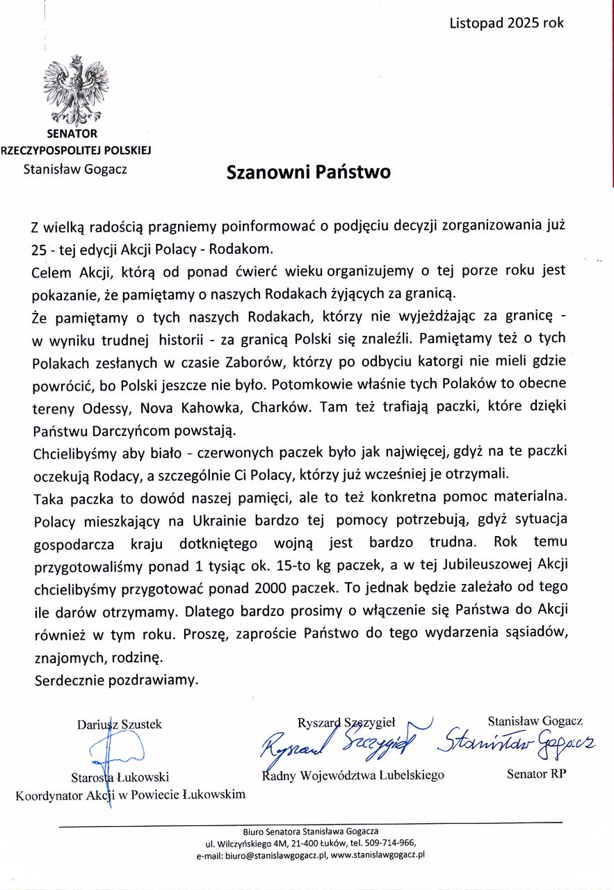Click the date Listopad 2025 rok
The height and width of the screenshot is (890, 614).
[x=506, y=22]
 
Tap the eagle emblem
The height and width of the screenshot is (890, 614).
[x=76, y=91]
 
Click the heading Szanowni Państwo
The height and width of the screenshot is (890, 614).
[x=308, y=172]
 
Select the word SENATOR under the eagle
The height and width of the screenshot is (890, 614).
[x=72, y=133]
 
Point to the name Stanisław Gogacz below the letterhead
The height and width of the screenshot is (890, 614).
[x=75, y=168]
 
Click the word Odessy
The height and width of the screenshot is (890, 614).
[x=109, y=407]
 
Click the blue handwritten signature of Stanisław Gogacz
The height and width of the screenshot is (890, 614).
[x=515, y=743]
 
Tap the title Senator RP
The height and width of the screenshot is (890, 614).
[x=536, y=774]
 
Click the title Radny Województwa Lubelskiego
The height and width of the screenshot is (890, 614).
[x=353, y=775]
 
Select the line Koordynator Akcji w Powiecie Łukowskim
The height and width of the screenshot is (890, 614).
[x=130, y=794]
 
